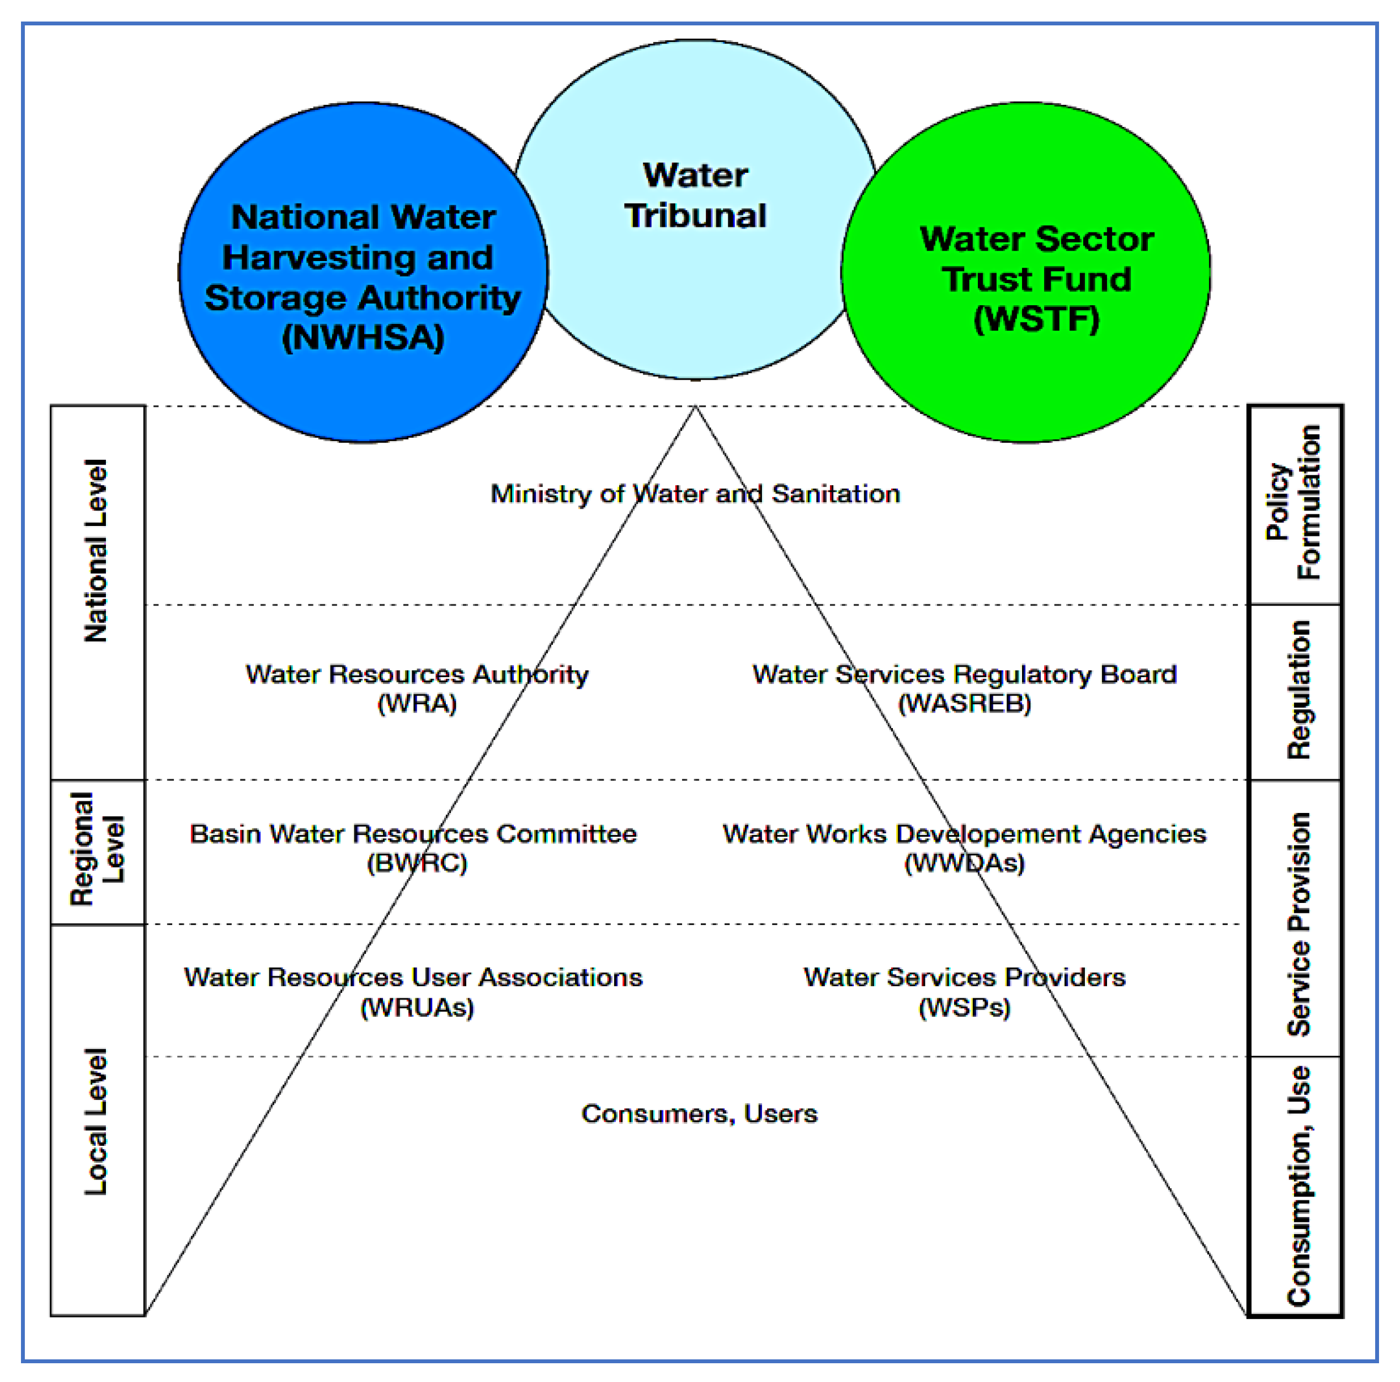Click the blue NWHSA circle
[x=363, y=275]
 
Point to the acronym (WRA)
[x=417, y=704]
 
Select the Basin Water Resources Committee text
[x=413, y=833]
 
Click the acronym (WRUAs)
[x=417, y=1007]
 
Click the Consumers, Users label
[x=699, y=1114]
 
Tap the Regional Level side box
[x=98, y=852]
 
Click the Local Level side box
[x=98, y=1120]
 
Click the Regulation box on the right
[x=1296, y=692]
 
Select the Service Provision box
[x=1296, y=918]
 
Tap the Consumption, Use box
[x=1296, y=1186]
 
